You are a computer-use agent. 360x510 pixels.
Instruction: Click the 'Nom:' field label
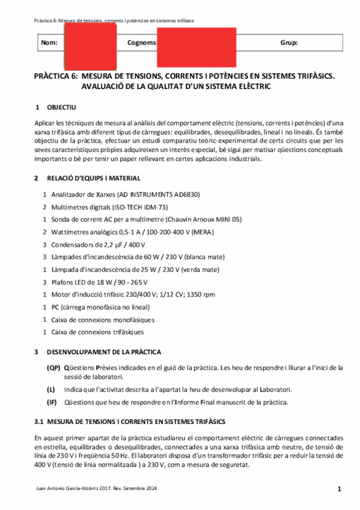pyautogui.click(x=49, y=43)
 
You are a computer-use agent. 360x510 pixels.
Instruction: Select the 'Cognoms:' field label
pyautogui.click(x=142, y=43)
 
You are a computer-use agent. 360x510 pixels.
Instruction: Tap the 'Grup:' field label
pyautogui.click(x=288, y=43)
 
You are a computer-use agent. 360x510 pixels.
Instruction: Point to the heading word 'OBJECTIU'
pyautogui.click(x=61, y=107)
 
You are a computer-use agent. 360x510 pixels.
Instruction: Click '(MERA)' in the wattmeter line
pyautogui.click(x=201, y=232)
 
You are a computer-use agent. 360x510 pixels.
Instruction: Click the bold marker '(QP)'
pyautogui.click(x=53, y=367)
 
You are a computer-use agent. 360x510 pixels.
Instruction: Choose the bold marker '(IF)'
pyautogui.click(x=52, y=402)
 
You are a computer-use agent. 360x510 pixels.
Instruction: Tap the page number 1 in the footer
pyautogui.click(x=339, y=489)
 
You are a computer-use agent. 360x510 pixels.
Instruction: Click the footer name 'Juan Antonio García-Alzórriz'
pyautogui.click(x=68, y=489)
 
